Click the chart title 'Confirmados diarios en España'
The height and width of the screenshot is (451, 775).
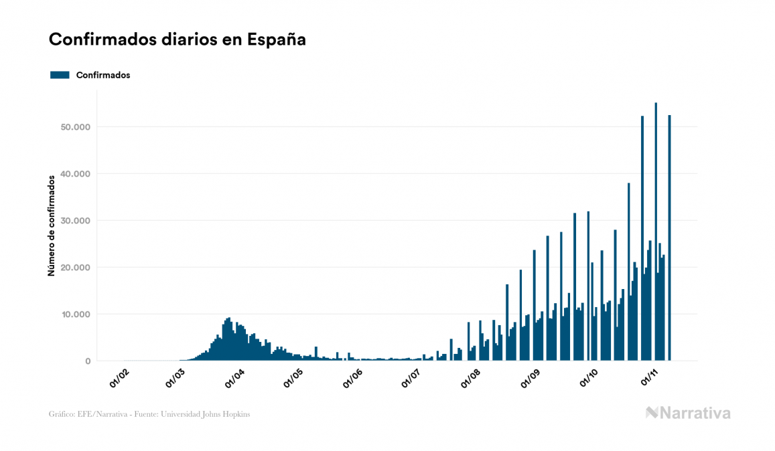[x=177, y=39]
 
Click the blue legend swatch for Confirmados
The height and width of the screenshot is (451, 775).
[x=60, y=75]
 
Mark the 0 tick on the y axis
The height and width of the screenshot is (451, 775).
[x=87, y=361]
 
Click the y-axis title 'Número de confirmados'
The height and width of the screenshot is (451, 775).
[x=51, y=226]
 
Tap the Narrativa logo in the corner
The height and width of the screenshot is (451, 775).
[x=688, y=413]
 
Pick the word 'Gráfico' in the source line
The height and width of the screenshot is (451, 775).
[x=61, y=414]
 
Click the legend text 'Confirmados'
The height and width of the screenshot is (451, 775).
[x=103, y=75]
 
